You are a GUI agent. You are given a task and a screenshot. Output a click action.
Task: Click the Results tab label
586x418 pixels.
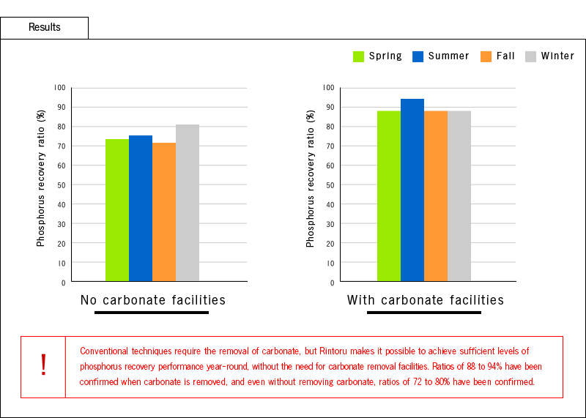[x=44, y=28]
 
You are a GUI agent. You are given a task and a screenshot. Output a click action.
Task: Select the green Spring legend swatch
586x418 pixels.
[x=359, y=56]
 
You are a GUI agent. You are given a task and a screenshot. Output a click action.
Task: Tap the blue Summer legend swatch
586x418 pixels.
[x=418, y=56]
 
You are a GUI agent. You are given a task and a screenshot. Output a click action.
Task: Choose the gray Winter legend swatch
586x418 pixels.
[x=531, y=56]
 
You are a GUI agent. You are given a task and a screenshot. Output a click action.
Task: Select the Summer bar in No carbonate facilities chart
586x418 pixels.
[x=141, y=209]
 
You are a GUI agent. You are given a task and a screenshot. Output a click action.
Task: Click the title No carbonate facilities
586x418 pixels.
[x=152, y=300]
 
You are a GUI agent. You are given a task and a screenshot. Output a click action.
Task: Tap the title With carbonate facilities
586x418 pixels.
[x=426, y=300]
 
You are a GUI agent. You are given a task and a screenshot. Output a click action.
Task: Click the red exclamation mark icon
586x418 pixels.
[x=43, y=365]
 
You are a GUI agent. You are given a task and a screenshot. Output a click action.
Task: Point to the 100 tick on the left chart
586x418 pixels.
[x=59, y=88]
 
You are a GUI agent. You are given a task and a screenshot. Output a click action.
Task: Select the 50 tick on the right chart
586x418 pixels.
[x=330, y=184]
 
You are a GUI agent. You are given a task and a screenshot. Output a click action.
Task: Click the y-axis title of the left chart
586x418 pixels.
[x=41, y=178]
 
